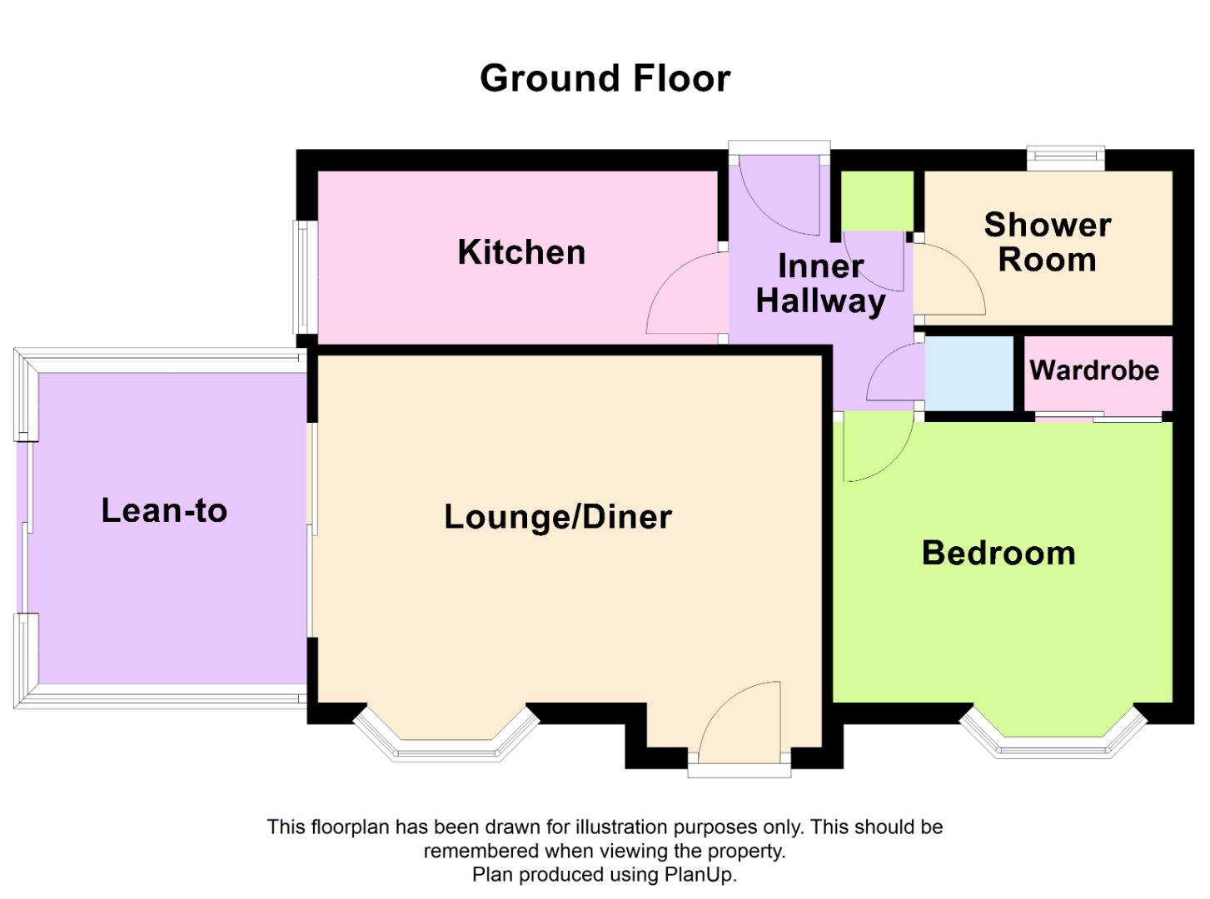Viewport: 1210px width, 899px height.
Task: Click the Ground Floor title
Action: click(x=605, y=78)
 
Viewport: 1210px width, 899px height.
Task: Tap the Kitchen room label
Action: click(x=521, y=252)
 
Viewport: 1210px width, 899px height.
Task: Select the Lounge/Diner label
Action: click(x=557, y=517)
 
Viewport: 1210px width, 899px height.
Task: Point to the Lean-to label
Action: click(x=164, y=510)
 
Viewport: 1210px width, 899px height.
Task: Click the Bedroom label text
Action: click(x=998, y=553)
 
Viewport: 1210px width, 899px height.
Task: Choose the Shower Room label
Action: click(x=1047, y=242)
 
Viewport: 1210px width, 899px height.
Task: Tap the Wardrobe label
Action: click(x=1094, y=370)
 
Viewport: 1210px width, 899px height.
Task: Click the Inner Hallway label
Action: click(x=820, y=284)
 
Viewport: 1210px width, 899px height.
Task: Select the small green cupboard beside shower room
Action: click(x=877, y=201)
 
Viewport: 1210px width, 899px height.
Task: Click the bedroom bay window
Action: click(x=1053, y=737)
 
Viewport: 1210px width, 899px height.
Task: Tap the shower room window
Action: click(x=1065, y=157)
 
